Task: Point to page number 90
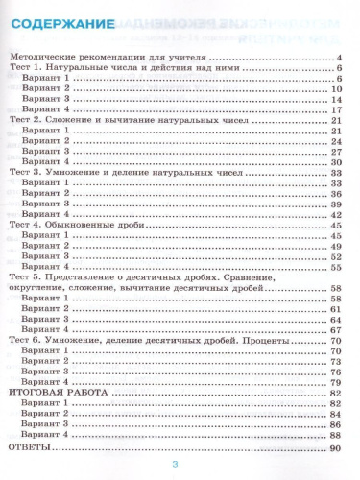335,447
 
